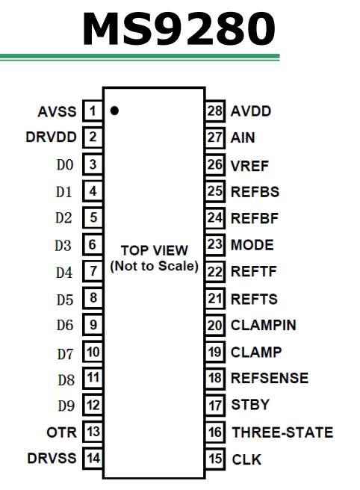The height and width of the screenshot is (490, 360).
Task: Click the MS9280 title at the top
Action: click(179, 28)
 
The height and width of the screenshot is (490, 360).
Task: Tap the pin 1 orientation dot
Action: click(114, 111)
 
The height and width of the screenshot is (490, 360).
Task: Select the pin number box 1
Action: click(93, 111)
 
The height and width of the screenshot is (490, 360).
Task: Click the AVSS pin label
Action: click(57, 111)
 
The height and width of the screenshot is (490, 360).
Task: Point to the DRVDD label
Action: click(52, 137)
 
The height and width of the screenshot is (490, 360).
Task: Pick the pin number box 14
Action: click(93, 458)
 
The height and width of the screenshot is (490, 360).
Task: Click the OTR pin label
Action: click(61, 432)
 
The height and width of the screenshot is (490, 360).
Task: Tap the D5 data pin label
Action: click(65, 300)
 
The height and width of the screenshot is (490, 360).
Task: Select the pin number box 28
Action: click(215, 111)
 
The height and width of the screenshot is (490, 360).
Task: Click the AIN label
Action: click(243, 137)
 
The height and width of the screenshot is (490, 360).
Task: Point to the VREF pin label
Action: click(249, 166)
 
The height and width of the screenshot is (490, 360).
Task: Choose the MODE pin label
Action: click(252, 245)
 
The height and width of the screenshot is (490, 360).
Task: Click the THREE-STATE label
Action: click(282, 432)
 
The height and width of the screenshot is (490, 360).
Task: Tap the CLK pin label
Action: click(246, 459)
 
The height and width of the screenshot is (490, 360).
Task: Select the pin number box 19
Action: click(215, 352)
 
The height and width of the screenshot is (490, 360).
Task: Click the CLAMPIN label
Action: click(264, 326)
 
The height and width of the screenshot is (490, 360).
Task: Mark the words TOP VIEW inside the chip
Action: click(155, 250)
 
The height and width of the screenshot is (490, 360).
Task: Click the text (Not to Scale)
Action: click(155, 266)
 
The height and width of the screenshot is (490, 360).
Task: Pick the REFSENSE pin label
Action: click(270, 378)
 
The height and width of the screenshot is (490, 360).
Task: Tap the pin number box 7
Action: click(93, 271)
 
